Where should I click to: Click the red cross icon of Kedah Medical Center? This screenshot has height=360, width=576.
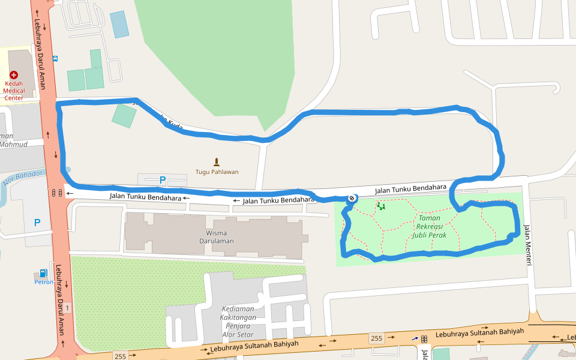click(x=13, y=75)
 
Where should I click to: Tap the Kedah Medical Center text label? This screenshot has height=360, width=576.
click(x=13, y=91)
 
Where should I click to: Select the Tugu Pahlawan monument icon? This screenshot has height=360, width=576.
click(x=217, y=161)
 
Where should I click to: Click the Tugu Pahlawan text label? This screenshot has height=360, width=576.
click(x=217, y=172)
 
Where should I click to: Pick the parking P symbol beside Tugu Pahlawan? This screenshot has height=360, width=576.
click(x=162, y=179)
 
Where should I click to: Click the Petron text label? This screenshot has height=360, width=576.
click(x=43, y=281)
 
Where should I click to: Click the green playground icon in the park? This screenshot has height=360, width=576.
click(x=381, y=206)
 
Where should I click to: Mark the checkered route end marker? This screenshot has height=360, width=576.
click(x=352, y=198)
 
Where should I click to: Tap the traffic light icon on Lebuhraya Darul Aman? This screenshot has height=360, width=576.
click(x=57, y=193)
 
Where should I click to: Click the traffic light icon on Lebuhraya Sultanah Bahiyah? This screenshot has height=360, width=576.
click(x=424, y=339)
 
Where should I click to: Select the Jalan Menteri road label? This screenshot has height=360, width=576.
click(x=527, y=240)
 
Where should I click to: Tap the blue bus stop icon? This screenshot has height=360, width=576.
click(x=55, y=59)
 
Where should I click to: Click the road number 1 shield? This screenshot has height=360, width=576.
click(x=67, y=308)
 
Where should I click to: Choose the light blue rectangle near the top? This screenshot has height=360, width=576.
click(x=119, y=24)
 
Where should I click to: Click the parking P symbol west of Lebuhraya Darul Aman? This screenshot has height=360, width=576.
click(x=37, y=223)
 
